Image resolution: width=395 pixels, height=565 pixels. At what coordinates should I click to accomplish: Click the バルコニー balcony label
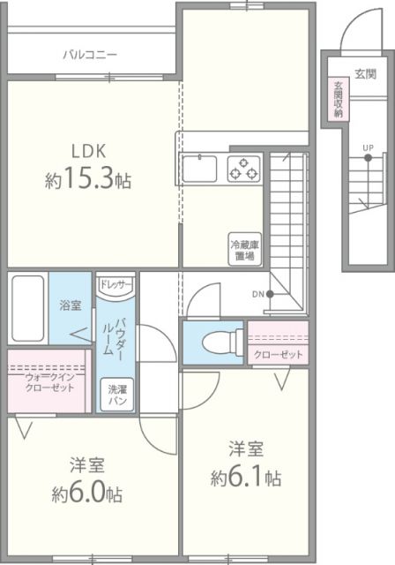tap(90, 55)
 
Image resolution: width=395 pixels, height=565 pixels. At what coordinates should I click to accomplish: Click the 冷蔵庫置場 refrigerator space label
tap(242, 250)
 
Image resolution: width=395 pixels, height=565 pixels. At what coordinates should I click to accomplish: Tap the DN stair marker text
tap(257, 294)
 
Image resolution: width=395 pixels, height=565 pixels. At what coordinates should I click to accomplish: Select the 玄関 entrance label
tap(366, 74)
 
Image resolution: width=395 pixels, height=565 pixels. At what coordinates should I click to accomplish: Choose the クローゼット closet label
tap(279, 354)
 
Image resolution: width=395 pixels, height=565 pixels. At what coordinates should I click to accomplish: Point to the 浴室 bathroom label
tap(70, 305)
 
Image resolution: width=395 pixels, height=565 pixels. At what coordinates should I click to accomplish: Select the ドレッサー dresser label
tap(115, 284)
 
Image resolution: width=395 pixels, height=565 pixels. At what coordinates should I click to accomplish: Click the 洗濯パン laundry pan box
tap(117, 395)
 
